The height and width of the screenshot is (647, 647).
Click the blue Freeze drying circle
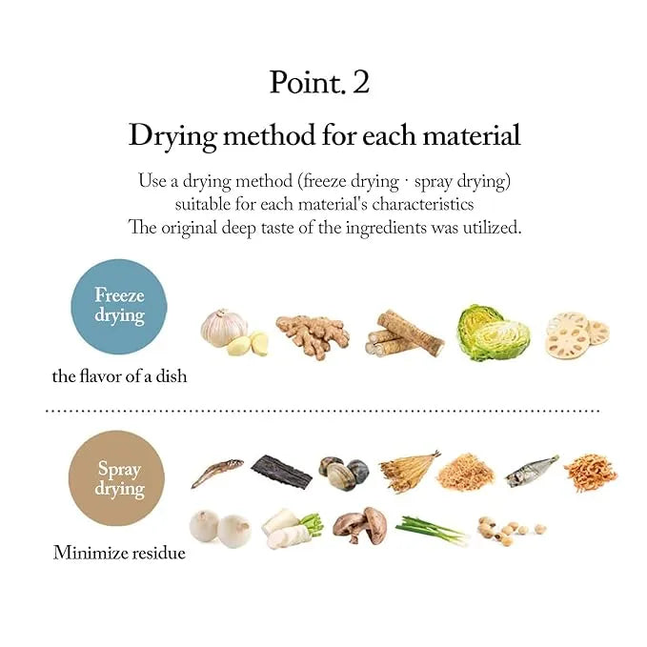coord(119,307)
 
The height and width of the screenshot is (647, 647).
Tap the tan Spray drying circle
coord(117,478)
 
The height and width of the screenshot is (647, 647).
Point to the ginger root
coord(313,335)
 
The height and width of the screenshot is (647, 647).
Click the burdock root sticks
coord(404,334)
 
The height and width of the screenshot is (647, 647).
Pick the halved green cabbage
coord(494,333)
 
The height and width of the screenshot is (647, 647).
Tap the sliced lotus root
coord(577,335)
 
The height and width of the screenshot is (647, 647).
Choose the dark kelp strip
coord(281,472)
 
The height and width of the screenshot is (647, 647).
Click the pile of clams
coord(344,473)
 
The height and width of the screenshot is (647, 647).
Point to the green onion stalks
coord(432,530)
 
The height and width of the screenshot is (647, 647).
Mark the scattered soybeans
coord(512,531)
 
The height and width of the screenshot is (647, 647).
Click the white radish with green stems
coord(292,529)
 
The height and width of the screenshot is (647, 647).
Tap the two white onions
coord(220,529)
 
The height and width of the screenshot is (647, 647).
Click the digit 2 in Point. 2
coord(360,83)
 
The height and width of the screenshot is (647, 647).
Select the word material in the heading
coord(472,135)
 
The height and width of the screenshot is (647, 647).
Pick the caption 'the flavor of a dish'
coord(119,376)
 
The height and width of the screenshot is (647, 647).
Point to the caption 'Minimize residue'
coord(119,553)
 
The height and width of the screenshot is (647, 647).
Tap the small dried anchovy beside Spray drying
coord(217,473)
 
